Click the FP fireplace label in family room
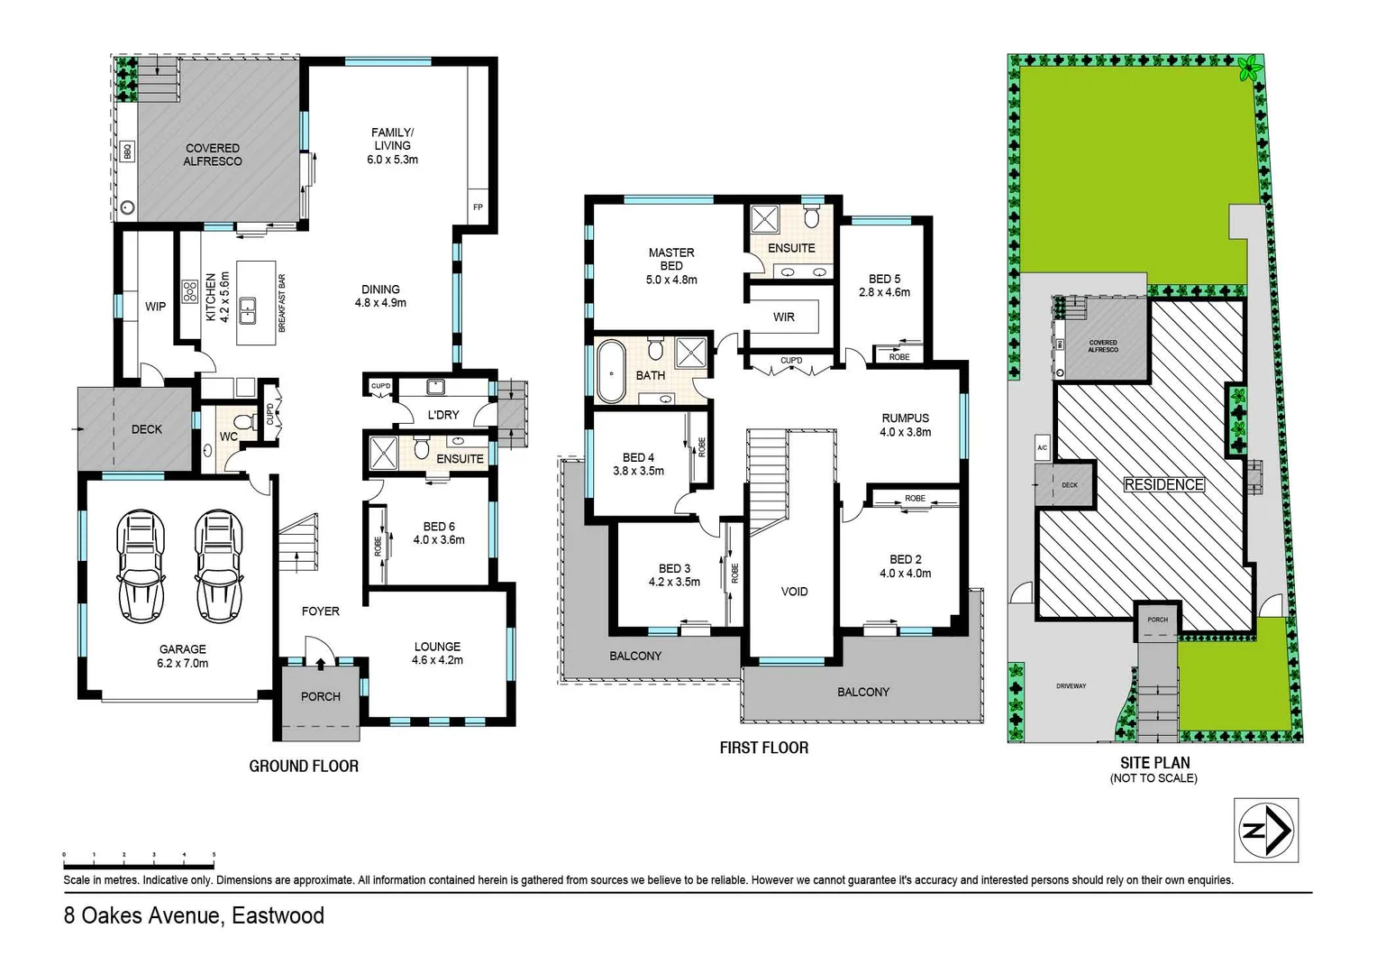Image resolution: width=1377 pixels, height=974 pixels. click(x=478, y=207)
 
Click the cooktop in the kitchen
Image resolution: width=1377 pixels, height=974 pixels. click(x=190, y=291)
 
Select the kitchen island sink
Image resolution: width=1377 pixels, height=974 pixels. click(x=247, y=309)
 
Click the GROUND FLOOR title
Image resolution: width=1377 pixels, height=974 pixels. click(x=304, y=766)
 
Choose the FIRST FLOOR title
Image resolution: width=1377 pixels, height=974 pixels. click(x=763, y=748)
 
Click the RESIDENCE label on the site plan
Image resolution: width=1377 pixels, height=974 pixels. click(x=1163, y=484)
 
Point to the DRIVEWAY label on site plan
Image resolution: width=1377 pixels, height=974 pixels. click(x=1071, y=685)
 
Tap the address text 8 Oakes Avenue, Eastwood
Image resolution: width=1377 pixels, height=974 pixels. click(x=194, y=916)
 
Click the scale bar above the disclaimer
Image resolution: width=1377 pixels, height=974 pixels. click(x=139, y=854)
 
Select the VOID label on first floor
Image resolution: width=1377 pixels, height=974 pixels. click(x=794, y=592)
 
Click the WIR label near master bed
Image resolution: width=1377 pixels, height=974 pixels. click(x=783, y=317)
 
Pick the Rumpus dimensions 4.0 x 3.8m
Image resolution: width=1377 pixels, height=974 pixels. click(x=905, y=432)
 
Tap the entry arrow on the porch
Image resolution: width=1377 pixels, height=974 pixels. click(x=320, y=665)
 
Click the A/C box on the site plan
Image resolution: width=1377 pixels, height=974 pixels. click(x=1042, y=447)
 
